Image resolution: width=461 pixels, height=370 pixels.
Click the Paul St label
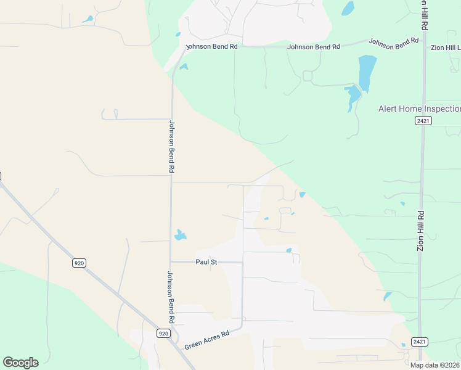point(206,262)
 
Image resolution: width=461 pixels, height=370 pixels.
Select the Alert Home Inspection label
point(419,109)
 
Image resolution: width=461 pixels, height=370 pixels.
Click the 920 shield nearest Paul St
point(78,263)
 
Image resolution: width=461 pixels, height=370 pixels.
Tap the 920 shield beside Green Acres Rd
point(163,334)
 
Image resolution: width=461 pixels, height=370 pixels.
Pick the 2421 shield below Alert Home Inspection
point(423,121)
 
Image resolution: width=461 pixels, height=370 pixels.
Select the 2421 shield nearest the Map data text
point(420,342)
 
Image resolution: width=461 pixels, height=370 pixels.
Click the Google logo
point(20,363)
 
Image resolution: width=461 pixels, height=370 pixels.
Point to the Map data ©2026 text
point(435,365)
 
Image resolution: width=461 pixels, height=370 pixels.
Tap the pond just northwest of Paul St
point(180,235)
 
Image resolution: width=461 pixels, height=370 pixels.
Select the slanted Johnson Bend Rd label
point(394,43)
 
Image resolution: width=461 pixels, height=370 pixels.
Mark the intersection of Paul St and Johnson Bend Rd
point(171,261)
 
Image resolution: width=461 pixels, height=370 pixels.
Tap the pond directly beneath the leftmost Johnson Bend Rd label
point(183,67)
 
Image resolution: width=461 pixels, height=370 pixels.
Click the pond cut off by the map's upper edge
point(348,7)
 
